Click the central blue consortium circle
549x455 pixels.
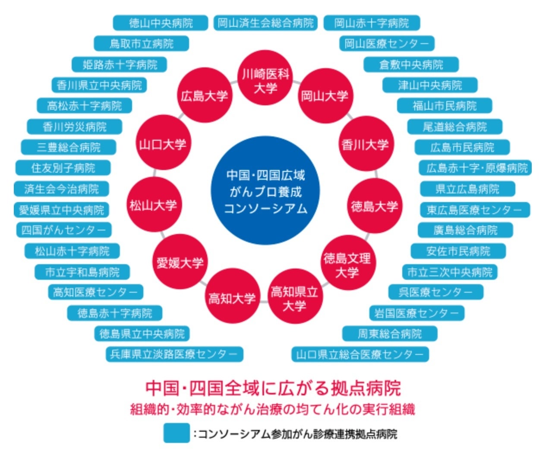point(265,191)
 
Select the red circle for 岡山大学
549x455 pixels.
point(324,96)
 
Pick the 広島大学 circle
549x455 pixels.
point(204,96)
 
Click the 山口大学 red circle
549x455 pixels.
point(162,144)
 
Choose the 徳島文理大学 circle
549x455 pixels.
point(347,265)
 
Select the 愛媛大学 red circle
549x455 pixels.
point(180,262)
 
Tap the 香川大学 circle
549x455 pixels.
point(365,145)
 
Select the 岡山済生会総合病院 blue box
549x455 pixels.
point(265,23)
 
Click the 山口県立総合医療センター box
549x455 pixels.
point(360,354)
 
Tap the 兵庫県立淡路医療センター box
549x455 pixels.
point(174,354)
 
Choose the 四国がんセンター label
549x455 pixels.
point(63,230)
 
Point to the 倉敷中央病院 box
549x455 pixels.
point(411,65)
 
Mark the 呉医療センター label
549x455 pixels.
point(435,292)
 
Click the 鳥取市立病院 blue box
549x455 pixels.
point(141,44)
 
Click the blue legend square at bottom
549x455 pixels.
point(176,433)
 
